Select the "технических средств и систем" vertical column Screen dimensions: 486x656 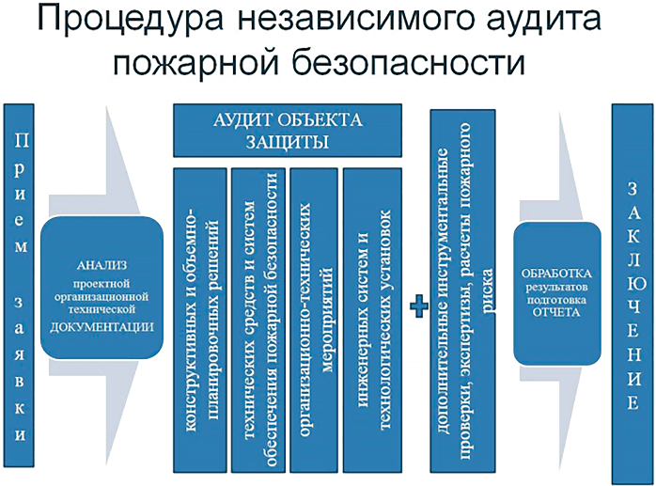coord(256,320)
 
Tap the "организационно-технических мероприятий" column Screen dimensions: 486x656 coord(315,320)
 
